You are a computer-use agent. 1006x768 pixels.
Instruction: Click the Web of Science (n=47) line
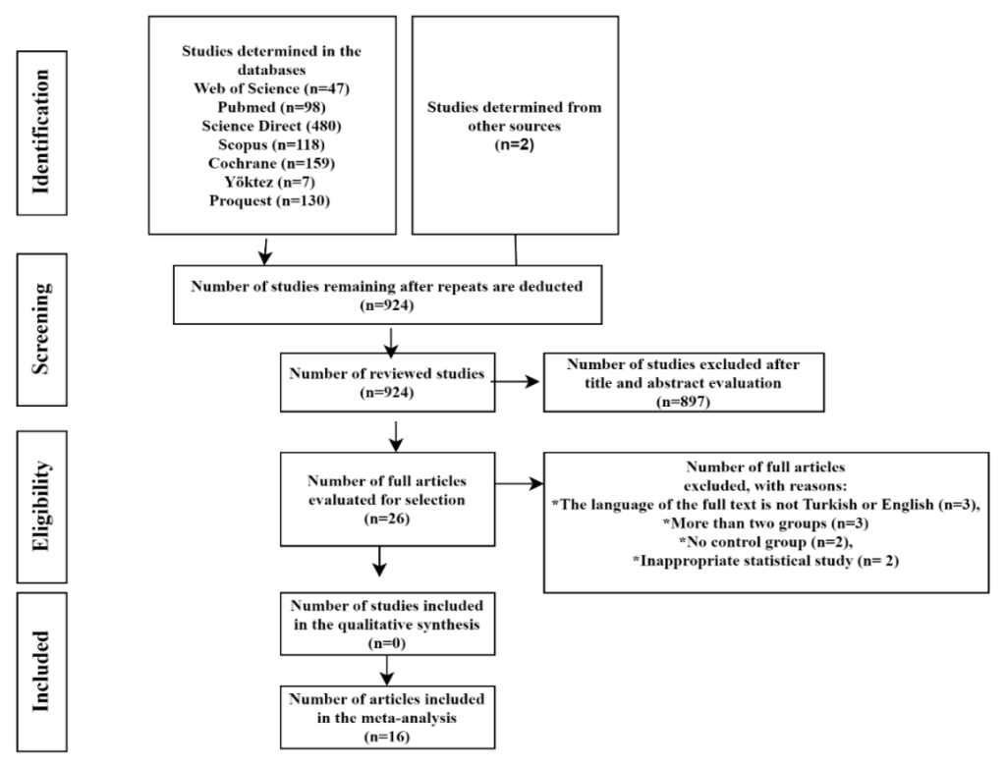pyautogui.click(x=272, y=88)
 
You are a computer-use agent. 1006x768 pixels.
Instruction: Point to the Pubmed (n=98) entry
pyautogui.click(x=272, y=107)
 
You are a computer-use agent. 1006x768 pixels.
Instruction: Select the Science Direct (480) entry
pyautogui.click(x=272, y=126)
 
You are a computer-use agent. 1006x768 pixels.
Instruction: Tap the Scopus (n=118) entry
pyautogui.click(x=272, y=144)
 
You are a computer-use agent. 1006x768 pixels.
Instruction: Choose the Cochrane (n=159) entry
pyautogui.click(x=272, y=163)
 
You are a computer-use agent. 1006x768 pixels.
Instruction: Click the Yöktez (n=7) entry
pyautogui.click(x=272, y=182)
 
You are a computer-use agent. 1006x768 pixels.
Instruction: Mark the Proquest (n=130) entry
pyautogui.click(x=272, y=200)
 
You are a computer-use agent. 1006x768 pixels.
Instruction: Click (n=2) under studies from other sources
pyautogui.click(x=515, y=144)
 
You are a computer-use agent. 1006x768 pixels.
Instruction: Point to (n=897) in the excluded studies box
pyautogui.click(x=683, y=402)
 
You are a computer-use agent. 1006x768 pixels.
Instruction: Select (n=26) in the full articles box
pyautogui.click(x=386, y=518)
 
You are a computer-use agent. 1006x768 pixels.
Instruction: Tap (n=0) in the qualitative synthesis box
pyautogui.click(x=386, y=643)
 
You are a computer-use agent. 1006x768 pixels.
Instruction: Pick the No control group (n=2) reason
pyautogui.click(x=766, y=542)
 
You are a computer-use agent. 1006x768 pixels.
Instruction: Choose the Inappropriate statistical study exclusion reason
pyautogui.click(x=766, y=561)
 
